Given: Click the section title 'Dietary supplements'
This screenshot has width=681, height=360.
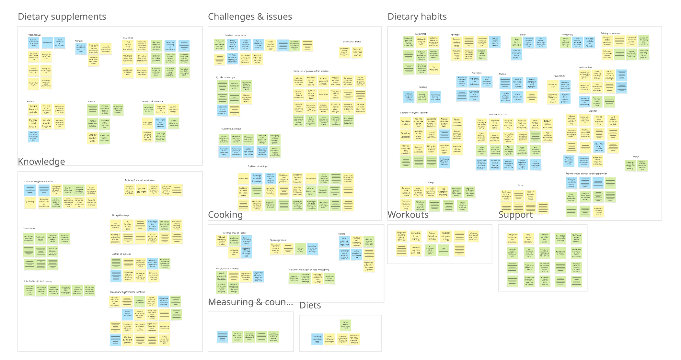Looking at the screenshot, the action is [62, 17].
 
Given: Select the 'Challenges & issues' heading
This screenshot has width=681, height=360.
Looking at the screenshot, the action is [250, 17].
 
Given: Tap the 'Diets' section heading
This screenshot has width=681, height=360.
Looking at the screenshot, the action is [310, 305].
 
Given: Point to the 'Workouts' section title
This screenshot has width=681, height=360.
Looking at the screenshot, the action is [408, 215].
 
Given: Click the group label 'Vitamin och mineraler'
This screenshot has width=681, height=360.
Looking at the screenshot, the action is [153, 101].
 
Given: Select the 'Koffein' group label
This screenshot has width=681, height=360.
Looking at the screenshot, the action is [91, 101].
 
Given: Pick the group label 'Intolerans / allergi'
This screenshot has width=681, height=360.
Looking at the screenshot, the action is [352, 42].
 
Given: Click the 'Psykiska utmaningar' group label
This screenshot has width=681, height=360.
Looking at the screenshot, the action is [258, 166].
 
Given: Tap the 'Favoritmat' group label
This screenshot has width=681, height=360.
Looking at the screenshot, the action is [559, 76].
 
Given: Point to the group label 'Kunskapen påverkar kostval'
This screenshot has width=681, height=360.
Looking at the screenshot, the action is [127, 292].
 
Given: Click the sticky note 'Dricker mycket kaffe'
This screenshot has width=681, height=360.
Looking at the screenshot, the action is [92, 138].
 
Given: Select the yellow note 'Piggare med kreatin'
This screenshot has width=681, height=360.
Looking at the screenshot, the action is [33, 123].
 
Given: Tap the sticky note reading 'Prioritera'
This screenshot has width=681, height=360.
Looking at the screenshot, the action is [323, 95].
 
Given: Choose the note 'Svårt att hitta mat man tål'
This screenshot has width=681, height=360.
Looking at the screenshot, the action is [357, 52].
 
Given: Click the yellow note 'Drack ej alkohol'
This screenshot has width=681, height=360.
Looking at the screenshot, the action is [406, 135].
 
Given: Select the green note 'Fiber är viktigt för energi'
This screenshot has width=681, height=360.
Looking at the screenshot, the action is [630, 165].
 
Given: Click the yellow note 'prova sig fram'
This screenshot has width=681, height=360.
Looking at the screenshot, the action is [142, 190].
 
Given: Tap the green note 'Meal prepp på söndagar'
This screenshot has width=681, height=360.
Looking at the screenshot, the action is [222, 276].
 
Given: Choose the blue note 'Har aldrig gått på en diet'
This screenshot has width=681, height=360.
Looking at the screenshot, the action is [317, 339].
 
